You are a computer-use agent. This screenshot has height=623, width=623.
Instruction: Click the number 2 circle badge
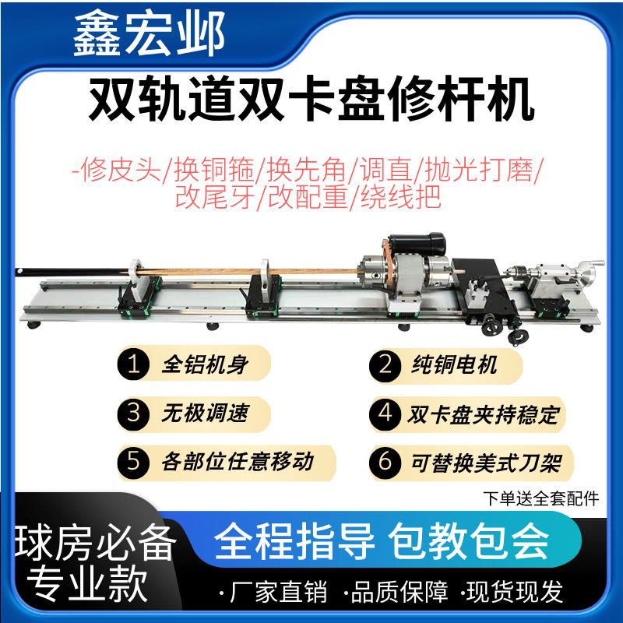click(x=385, y=364)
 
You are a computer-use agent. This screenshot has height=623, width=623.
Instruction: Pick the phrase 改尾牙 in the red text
click(x=206, y=195)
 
